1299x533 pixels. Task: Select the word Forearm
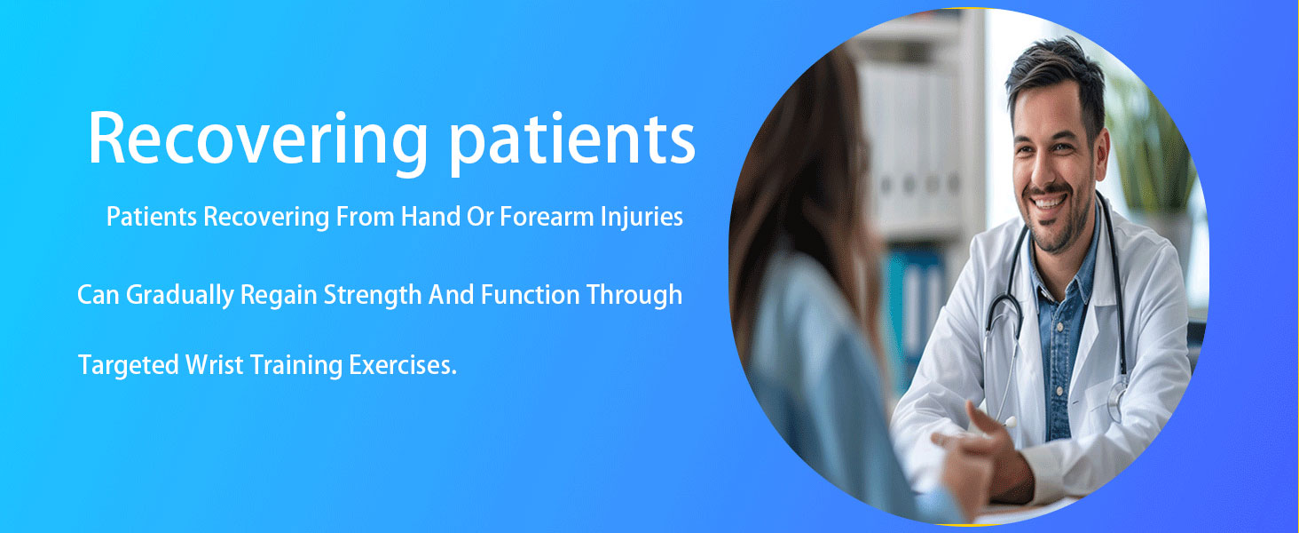547,217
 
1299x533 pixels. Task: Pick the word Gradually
180,296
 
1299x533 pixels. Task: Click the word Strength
373,296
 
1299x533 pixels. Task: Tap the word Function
530,295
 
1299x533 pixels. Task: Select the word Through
634,296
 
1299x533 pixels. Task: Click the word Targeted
128,366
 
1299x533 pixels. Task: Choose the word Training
296,366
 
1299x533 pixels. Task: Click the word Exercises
403,365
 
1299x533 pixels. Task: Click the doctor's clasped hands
980,458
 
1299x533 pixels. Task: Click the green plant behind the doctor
1151,139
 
